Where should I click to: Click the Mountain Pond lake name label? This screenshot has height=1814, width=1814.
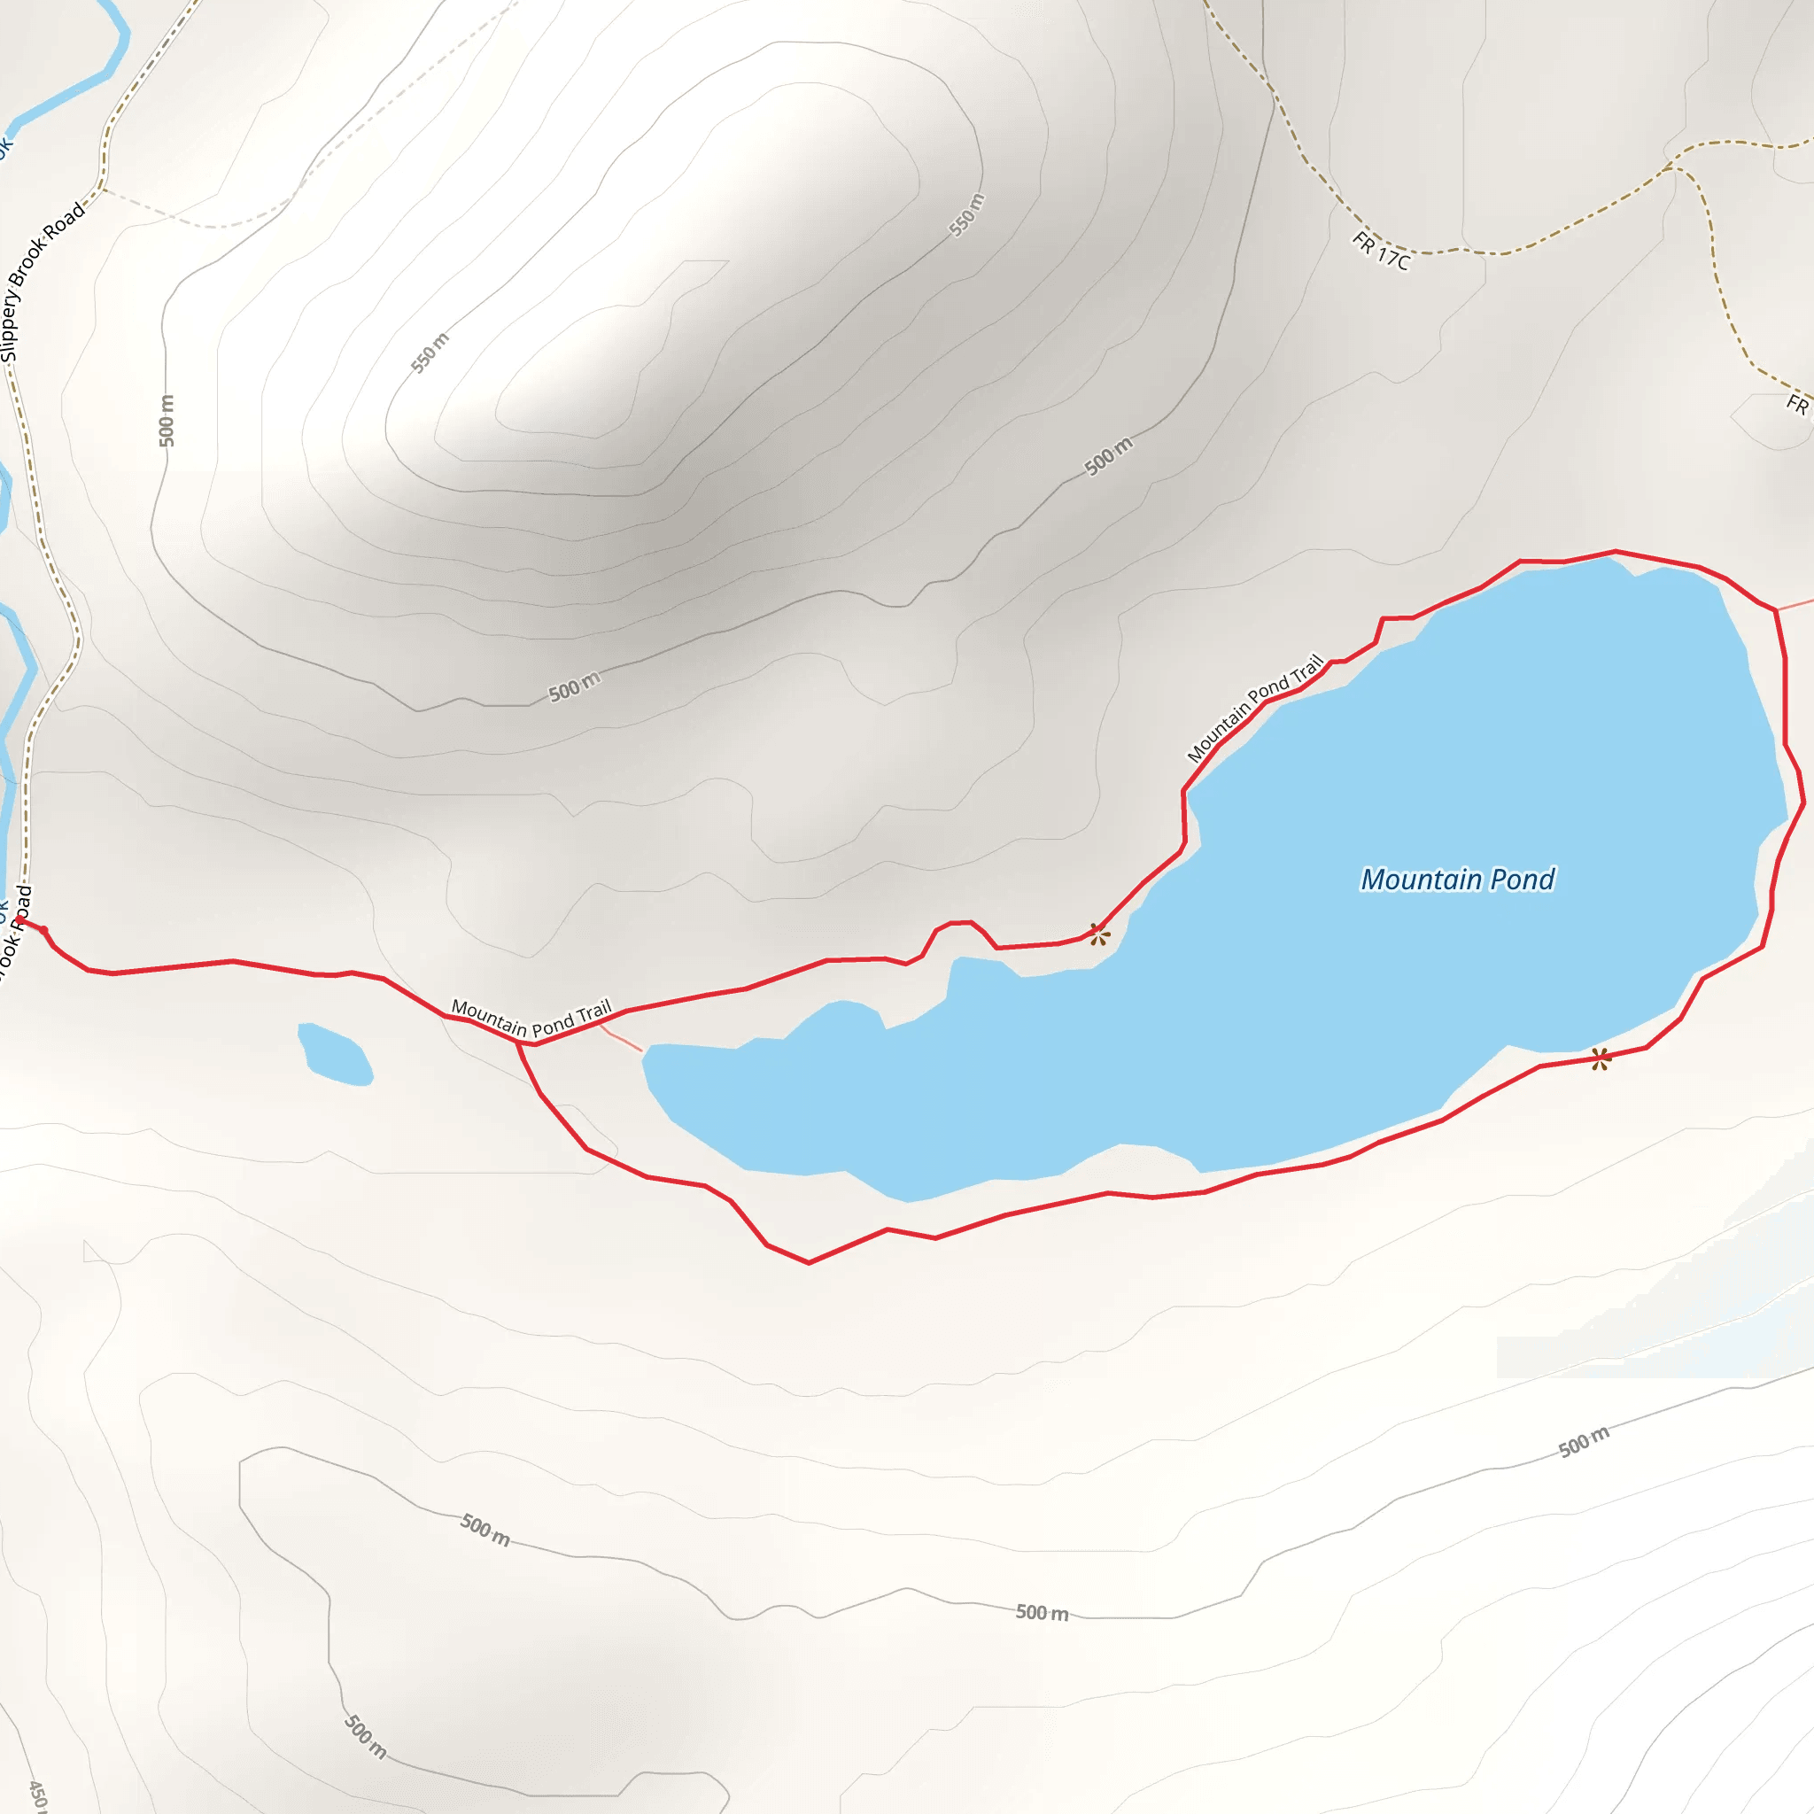point(1457,880)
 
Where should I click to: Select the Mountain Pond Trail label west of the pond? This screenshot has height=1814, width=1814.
point(531,1019)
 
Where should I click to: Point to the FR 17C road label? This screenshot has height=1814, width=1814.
point(1380,252)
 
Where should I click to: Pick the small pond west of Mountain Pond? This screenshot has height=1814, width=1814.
point(335,1054)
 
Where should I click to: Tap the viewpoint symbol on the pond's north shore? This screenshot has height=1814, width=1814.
point(1098,934)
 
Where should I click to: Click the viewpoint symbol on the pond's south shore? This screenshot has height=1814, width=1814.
point(1601,1059)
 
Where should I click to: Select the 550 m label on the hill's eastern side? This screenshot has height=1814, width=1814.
point(967,214)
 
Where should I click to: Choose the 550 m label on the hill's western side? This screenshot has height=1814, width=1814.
point(430,353)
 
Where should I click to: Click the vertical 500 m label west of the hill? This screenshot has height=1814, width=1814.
point(167,420)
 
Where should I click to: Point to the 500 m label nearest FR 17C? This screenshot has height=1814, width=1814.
point(1108,456)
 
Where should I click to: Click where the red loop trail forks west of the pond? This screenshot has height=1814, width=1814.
point(518,1043)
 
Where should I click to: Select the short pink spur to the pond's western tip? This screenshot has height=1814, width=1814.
point(621,1037)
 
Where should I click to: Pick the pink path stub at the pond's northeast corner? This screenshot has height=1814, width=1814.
point(1795,603)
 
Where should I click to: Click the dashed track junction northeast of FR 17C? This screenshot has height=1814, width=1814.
point(1671,168)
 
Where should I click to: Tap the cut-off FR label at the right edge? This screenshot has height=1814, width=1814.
point(1797,405)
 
